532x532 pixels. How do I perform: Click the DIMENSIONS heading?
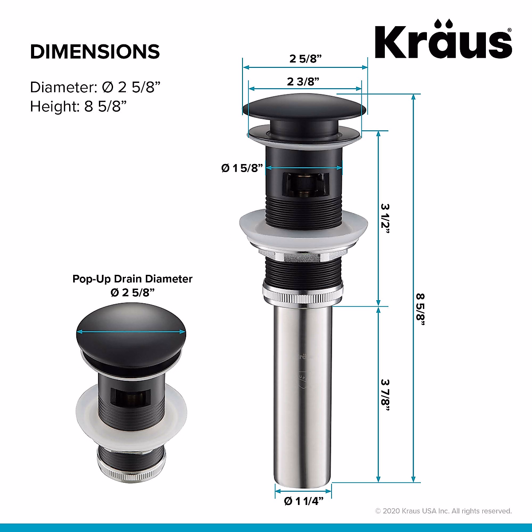95,52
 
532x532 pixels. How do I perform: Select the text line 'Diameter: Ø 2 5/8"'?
94,87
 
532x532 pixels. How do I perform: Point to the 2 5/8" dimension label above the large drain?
305,59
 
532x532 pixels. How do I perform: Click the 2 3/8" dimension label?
303,82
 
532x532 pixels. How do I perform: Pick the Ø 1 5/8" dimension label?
242,168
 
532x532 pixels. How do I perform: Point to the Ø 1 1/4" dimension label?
303,501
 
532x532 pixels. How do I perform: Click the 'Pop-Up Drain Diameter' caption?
132,279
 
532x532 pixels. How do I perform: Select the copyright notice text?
443,511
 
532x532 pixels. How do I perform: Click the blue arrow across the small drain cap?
131,332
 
